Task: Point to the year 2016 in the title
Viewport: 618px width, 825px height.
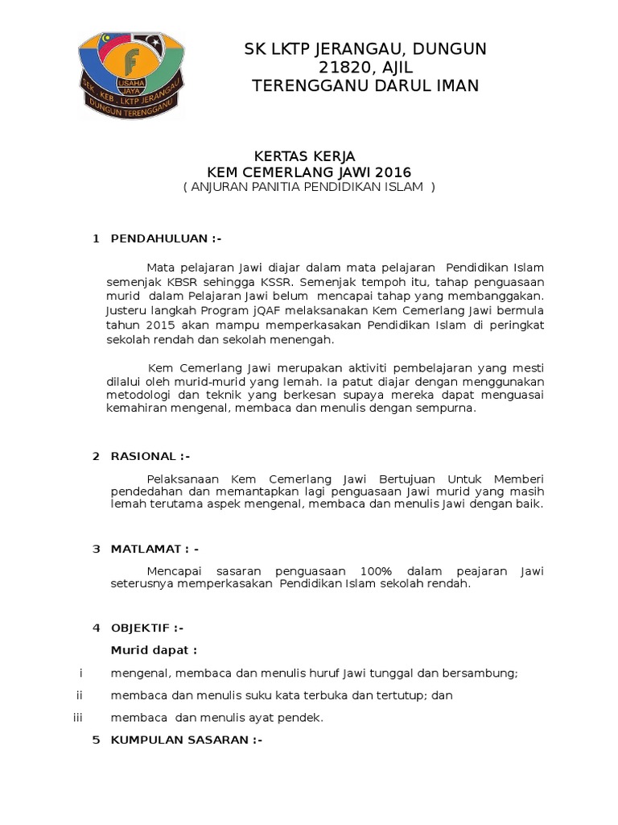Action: click(x=393, y=172)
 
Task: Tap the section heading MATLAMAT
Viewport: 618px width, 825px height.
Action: click(x=147, y=549)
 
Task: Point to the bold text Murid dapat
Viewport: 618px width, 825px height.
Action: click(x=153, y=649)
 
